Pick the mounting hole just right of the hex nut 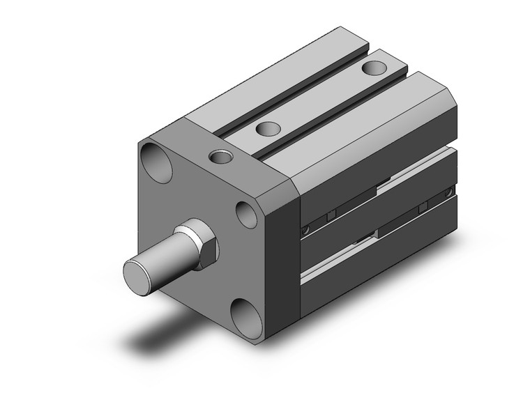[246, 213]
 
